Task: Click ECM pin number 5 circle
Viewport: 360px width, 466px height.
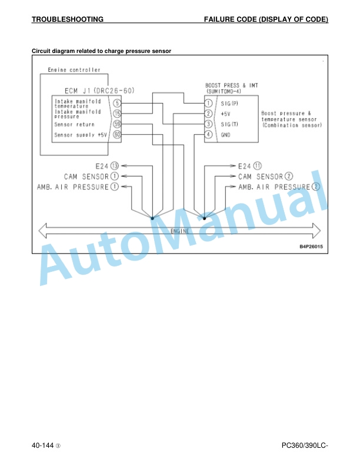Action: point(117,103)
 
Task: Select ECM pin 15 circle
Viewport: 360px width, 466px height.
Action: point(117,114)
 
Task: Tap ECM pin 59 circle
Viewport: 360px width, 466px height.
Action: point(117,124)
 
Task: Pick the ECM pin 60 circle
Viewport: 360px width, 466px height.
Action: point(117,135)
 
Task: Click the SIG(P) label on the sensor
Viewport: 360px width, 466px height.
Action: point(229,104)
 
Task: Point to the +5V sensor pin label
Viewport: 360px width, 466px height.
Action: point(225,114)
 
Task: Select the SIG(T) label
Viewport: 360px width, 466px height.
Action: point(229,124)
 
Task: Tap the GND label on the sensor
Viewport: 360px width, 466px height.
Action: point(225,135)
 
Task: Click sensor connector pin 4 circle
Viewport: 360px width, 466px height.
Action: point(208,135)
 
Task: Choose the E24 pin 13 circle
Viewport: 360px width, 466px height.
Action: point(115,166)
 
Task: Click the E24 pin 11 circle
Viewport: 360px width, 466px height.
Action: point(258,166)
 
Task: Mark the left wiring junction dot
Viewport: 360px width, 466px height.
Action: point(152,218)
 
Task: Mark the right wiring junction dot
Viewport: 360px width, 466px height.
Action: point(204,218)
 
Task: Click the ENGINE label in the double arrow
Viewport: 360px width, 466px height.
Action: point(179,231)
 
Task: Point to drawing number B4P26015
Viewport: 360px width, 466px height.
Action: point(311,247)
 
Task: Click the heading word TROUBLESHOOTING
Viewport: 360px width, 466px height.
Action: point(68,19)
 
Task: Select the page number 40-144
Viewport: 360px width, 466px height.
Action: point(43,445)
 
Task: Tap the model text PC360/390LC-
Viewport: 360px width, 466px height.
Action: point(305,445)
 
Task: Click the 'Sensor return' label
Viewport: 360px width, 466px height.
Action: point(74,125)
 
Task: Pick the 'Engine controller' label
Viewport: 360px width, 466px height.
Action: point(74,70)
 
